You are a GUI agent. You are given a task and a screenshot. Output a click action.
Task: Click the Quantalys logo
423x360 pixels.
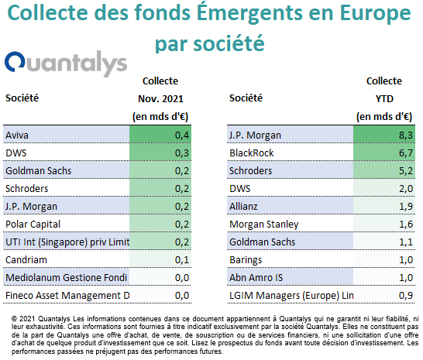(x=66, y=63)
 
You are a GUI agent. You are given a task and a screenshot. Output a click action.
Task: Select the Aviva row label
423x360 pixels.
(x=17, y=135)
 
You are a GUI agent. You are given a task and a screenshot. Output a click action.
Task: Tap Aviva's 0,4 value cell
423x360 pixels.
(x=182, y=135)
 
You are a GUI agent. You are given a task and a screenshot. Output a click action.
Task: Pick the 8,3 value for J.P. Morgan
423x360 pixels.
(x=406, y=135)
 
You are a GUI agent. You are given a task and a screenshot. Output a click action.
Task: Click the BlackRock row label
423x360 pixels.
(x=252, y=153)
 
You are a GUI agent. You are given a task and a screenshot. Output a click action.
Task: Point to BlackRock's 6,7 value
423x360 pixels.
(x=406, y=153)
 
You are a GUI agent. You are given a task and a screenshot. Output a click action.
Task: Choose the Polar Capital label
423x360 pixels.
(x=33, y=225)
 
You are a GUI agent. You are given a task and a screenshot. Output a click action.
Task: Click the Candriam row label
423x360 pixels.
(x=26, y=260)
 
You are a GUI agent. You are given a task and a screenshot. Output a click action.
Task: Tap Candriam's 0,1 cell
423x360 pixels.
(x=182, y=260)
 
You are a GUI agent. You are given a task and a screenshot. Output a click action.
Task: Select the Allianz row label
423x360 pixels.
(x=243, y=207)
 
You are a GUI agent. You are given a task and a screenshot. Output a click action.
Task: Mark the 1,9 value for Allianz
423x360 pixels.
(x=406, y=207)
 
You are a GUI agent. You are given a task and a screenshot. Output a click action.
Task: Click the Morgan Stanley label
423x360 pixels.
(x=264, y=225)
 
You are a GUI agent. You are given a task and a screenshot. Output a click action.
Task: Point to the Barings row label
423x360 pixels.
(x=246, y=260)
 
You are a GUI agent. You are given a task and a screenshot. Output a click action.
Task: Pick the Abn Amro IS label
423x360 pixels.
(x=256, y=278)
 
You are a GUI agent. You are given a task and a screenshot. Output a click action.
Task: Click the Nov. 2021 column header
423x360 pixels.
(x=160, y=99)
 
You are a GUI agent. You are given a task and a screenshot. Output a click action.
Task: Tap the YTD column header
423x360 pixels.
(x=384, y=99)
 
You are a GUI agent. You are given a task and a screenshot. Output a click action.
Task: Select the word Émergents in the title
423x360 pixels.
(x=249, y=13)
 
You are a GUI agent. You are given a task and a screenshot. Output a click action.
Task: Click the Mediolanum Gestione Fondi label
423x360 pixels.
(x=66, y=278)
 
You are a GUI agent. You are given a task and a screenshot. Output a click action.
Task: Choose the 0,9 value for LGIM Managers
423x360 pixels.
(x=406, y=296)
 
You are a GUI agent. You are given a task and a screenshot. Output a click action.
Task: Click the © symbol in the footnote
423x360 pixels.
(x=14, y=319)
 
